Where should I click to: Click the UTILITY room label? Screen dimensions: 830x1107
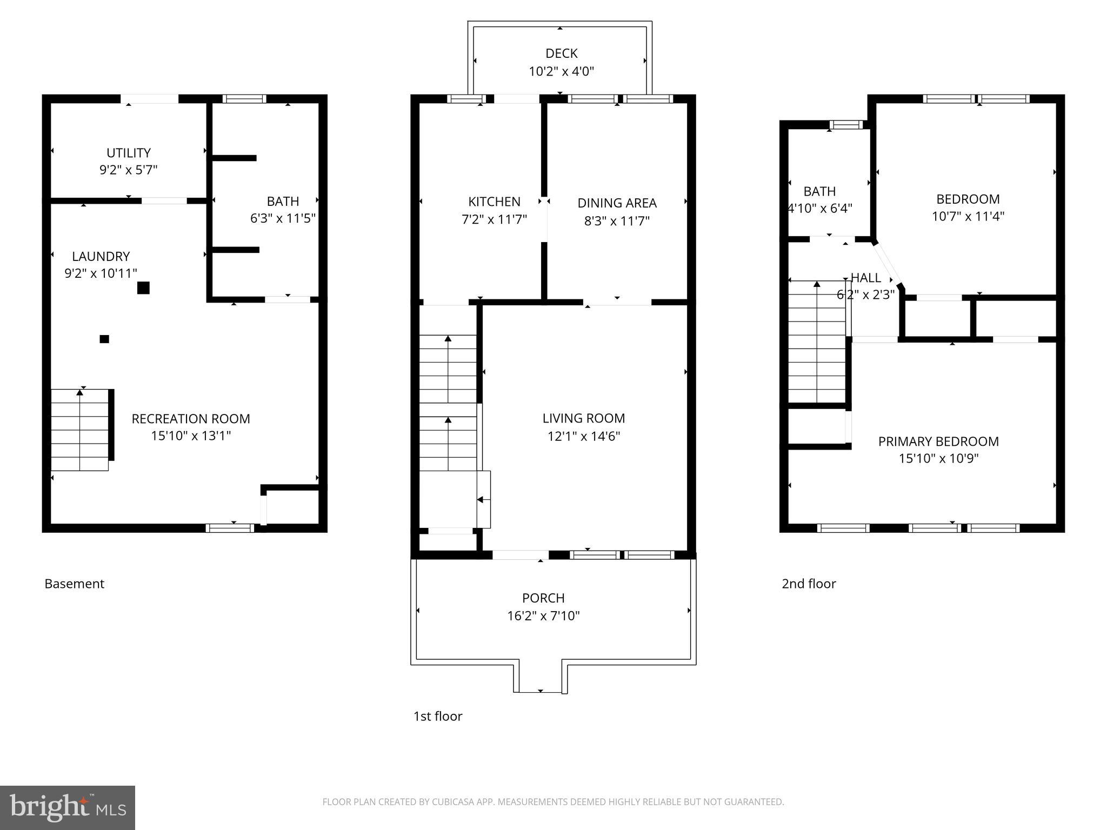128,153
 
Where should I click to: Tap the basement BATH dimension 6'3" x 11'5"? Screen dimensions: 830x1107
283,219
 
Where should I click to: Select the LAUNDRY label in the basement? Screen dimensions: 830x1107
101,256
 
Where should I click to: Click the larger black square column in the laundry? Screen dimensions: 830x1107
143,287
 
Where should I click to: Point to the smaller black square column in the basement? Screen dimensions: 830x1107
104,339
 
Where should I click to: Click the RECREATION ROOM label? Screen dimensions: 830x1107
191,419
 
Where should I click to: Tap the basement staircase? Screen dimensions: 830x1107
80,430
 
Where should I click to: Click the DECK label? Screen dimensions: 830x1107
561,53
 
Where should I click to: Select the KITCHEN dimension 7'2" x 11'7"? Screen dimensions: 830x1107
494,219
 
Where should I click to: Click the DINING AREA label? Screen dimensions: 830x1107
617,203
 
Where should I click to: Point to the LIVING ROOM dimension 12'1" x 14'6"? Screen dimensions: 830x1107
583,436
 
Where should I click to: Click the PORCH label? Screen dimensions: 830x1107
543,598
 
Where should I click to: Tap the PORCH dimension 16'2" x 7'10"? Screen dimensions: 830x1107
543,616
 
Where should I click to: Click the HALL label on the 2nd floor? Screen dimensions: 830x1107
866,278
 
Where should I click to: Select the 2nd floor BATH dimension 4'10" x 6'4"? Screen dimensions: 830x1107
820,209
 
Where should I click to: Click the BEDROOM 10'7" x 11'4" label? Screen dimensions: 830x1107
968,199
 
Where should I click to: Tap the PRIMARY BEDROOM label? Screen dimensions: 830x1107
938,441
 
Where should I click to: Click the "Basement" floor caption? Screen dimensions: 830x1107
74,584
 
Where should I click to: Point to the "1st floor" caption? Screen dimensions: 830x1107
438,716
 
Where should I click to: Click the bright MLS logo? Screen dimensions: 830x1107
68,807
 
